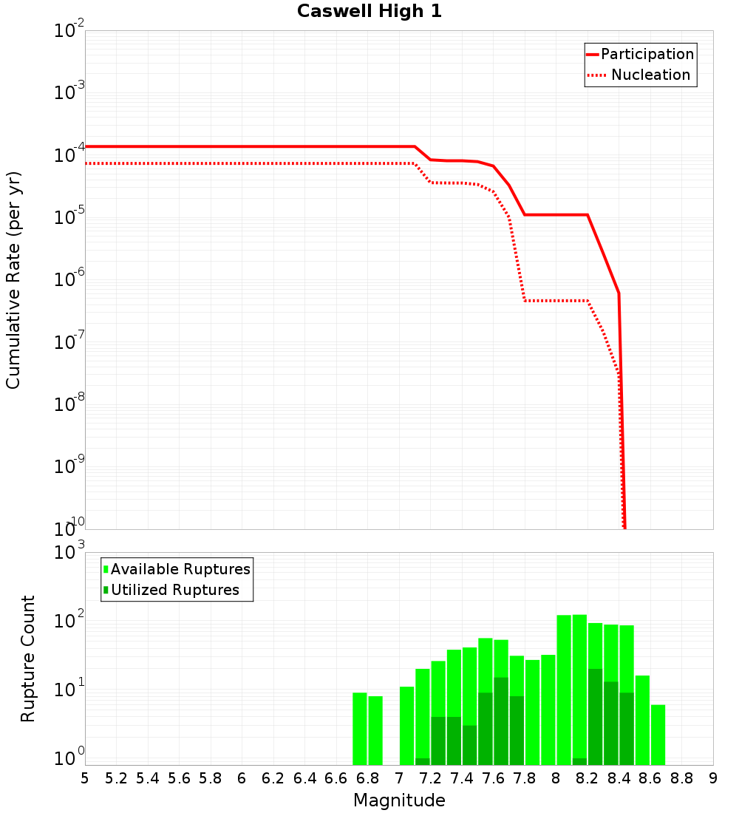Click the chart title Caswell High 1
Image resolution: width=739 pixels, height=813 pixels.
[369, 12]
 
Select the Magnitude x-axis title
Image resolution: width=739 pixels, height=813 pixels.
[399, 800]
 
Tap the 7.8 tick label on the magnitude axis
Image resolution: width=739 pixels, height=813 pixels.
[525, 778]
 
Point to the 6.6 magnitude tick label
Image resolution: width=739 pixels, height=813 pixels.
[336, 778]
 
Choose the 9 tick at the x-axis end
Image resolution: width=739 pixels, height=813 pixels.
[713, 778]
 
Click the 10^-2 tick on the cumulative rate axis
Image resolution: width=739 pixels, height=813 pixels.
[69, 31]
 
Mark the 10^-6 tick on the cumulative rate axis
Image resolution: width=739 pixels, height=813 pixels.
[69, 280]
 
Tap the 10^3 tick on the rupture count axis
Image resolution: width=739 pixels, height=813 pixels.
[71, 553]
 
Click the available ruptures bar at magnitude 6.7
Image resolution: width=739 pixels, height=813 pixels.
[360, 729]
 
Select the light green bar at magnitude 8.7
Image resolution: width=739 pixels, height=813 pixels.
[658, 735]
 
